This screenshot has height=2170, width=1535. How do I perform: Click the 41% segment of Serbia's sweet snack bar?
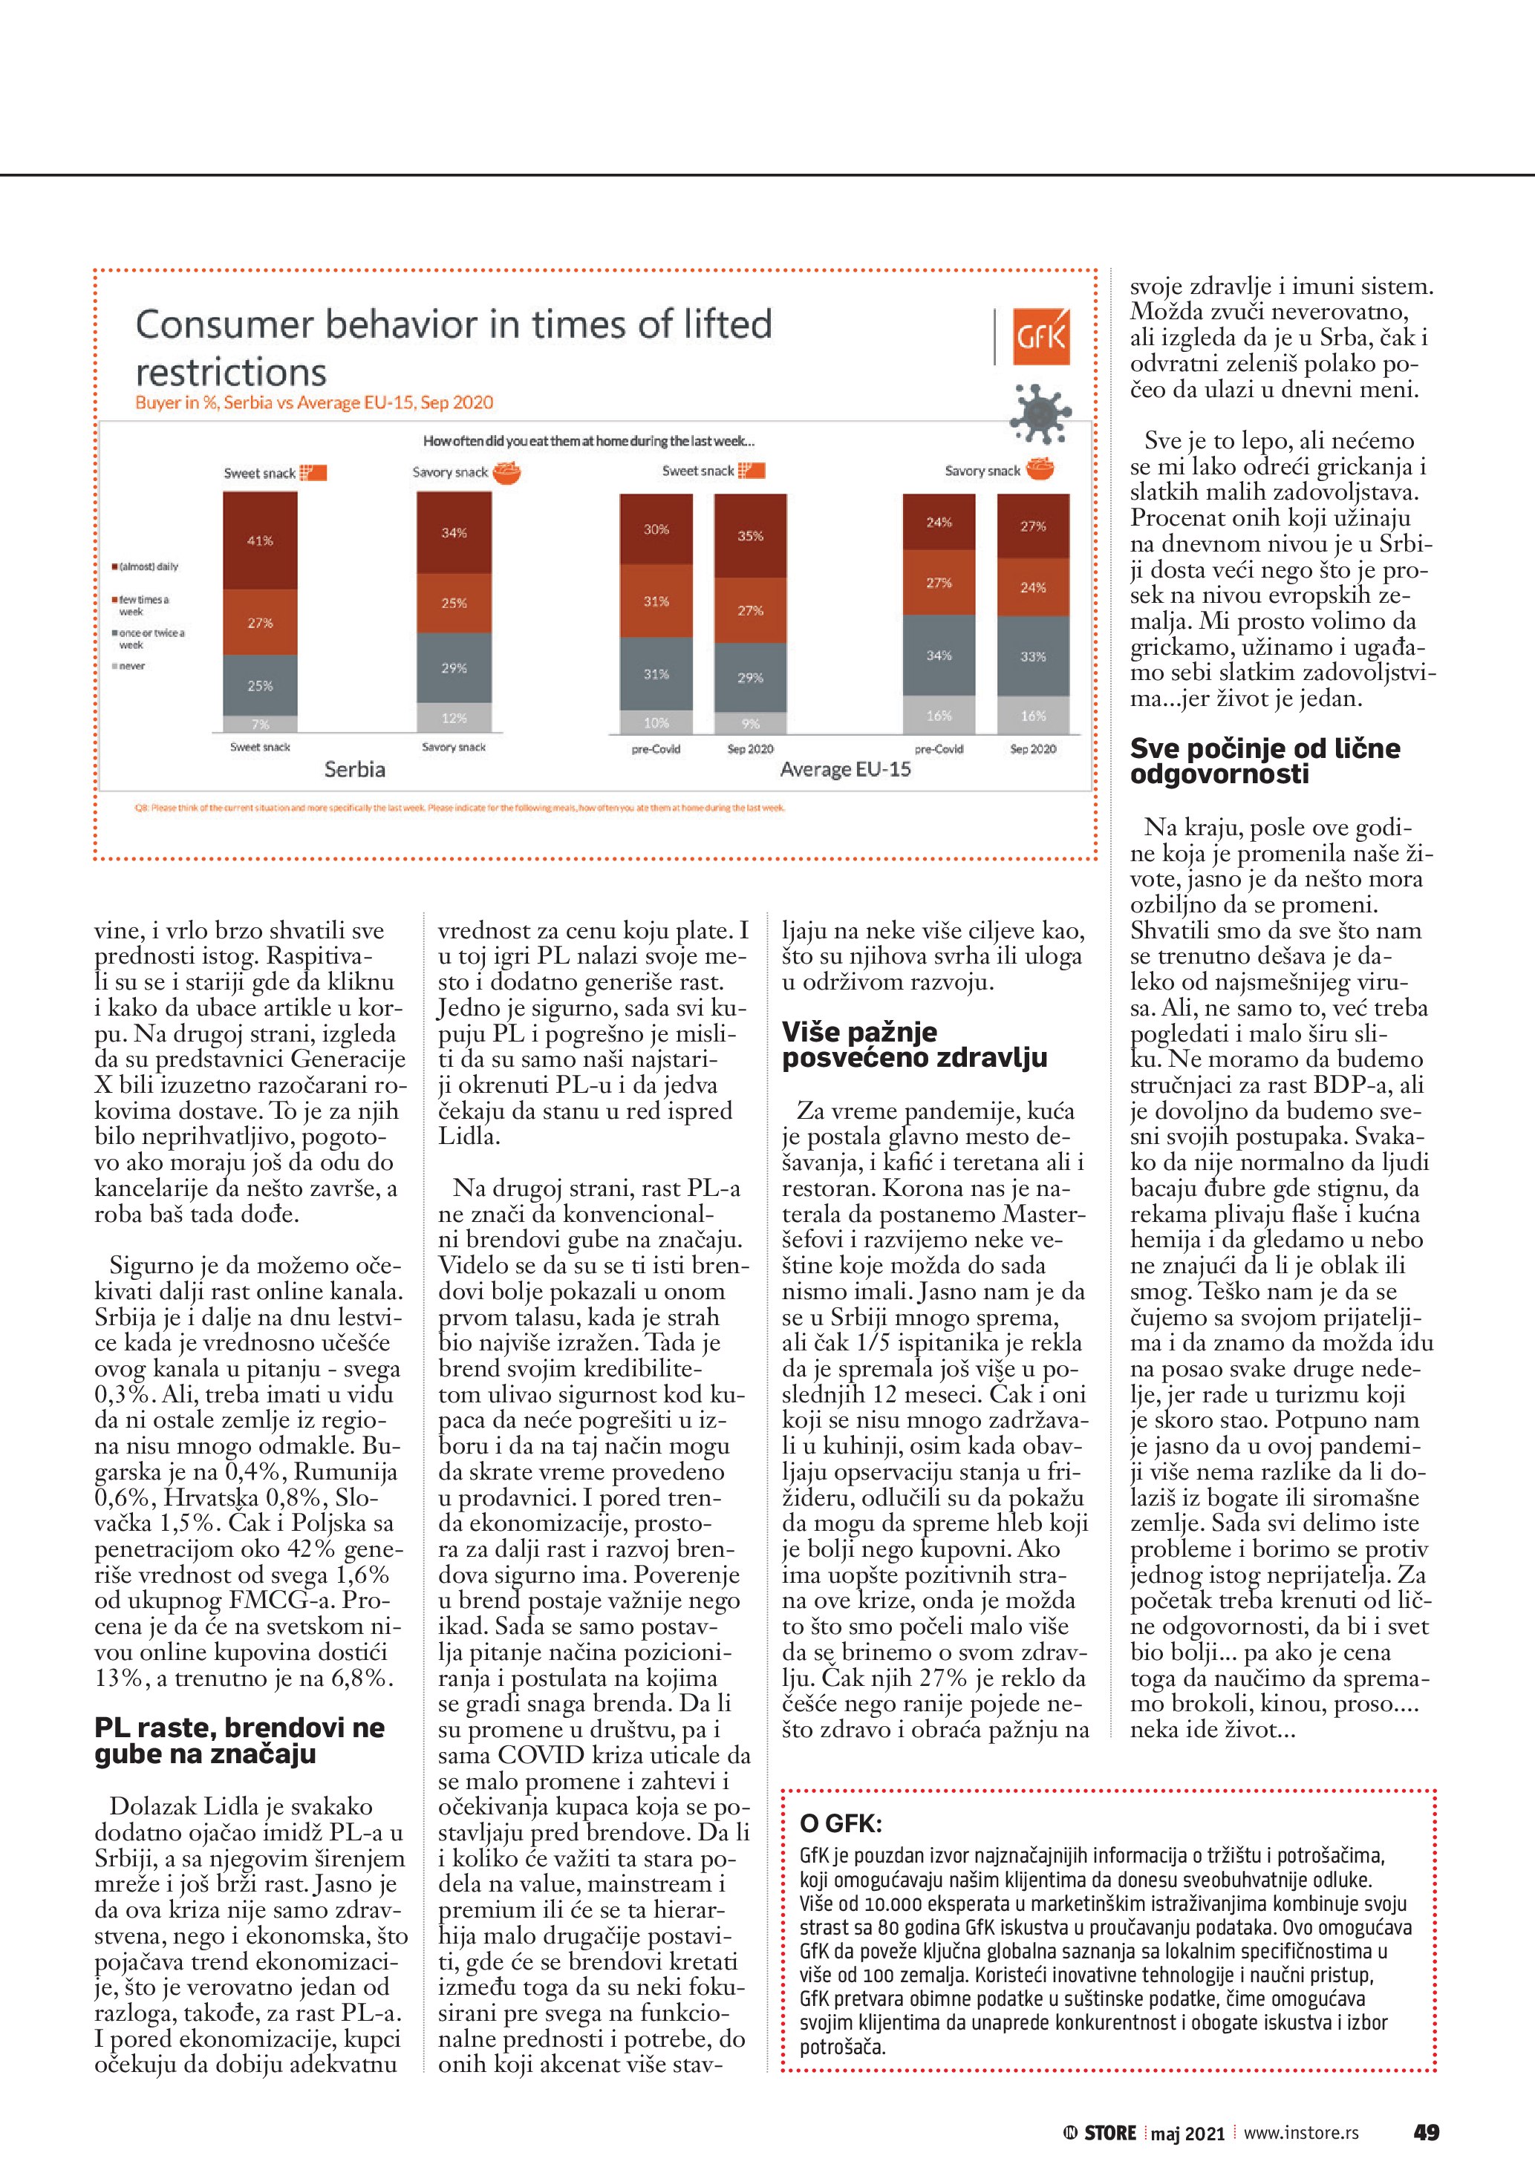(260, 540)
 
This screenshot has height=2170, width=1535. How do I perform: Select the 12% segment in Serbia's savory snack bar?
(454, 717)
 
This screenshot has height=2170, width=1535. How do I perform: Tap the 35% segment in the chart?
(751, 536)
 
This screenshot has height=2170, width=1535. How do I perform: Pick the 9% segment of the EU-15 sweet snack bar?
(751, 724)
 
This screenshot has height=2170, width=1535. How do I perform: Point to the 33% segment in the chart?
(1033, 656)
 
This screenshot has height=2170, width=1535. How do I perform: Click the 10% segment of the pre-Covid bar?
(656, 723)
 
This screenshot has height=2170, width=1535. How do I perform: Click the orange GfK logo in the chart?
(1040, 336)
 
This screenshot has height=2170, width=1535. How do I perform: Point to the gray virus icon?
(1040, 412)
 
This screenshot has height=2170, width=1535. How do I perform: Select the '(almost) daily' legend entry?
(146, 567)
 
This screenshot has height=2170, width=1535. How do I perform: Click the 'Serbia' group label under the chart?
(354, 769)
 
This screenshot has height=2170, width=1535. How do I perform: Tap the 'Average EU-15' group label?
(845, 769)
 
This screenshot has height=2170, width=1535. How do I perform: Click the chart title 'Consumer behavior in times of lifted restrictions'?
(454, 347)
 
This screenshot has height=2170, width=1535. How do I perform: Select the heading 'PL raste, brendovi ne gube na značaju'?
(239, 1740)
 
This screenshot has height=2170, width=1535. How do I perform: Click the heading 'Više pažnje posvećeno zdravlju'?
(914, 1045)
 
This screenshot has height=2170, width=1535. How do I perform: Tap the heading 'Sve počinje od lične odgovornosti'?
(1265, 761)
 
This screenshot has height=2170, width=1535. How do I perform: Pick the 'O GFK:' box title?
(841, 1823)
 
